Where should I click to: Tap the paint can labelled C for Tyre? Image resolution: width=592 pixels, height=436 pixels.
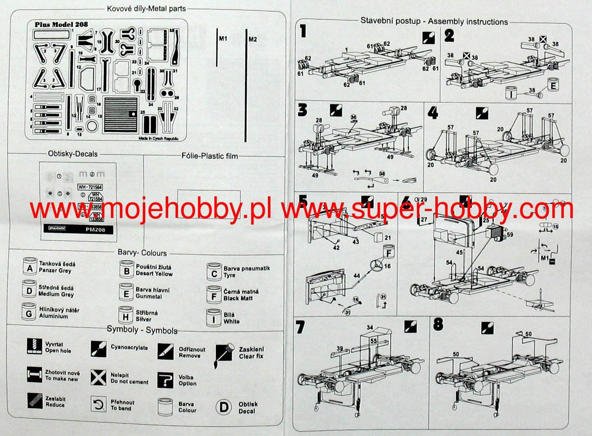coord(214,272)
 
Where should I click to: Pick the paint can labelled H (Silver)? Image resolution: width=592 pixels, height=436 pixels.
coord(126,316)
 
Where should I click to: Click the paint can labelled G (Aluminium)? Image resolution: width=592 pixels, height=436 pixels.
coord(29,312)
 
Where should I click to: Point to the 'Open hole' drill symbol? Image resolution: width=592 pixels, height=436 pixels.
coord(35,346)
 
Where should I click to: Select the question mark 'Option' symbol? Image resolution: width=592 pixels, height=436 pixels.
coord(165,380)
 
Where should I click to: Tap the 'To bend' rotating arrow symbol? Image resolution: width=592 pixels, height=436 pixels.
coord(98,405)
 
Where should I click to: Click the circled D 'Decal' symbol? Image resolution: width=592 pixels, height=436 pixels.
coord(224,407)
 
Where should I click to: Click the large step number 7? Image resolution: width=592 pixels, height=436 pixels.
coord(300,328)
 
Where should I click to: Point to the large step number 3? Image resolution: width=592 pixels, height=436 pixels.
coord(302,110)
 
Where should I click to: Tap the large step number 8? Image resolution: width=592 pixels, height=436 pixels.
coord(438,325)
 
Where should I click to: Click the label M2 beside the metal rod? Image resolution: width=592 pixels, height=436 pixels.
coord(252,39)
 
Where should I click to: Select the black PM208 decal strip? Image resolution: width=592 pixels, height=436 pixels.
coord(78,229)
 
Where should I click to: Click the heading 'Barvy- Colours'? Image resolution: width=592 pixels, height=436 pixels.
coord(142,252)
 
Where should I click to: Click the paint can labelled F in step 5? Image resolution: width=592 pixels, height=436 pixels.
coord(389,252)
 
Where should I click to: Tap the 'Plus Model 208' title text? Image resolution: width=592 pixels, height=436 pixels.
coord(61,25)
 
